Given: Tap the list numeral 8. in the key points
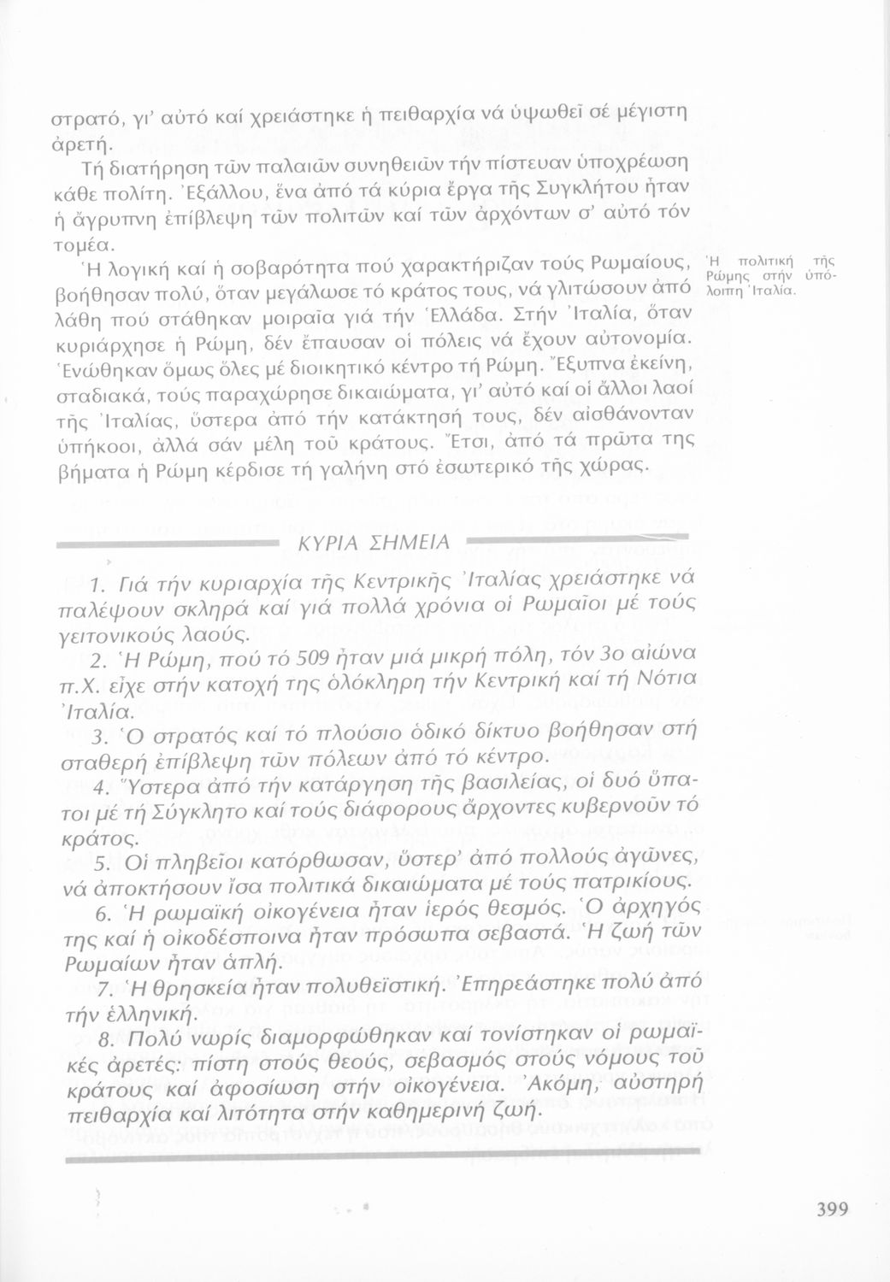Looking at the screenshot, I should pos(99,1038).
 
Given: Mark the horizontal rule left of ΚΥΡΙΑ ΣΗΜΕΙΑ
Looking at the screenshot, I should pos(171,544).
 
